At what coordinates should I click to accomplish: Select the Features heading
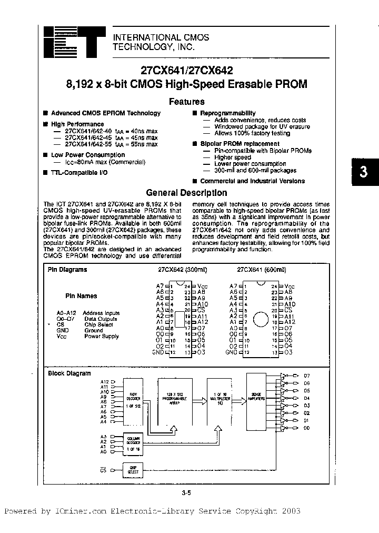(186, 102)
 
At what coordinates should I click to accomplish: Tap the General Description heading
(186, 193)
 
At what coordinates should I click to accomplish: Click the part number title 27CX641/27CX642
(186, 70)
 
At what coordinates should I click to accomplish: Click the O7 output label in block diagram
(307, 376)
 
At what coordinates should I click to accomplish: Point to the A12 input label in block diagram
(104, 381)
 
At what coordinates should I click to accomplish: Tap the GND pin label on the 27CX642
(158, 352)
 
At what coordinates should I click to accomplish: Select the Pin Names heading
(81, 296)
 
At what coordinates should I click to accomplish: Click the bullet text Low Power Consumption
(88, 155)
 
